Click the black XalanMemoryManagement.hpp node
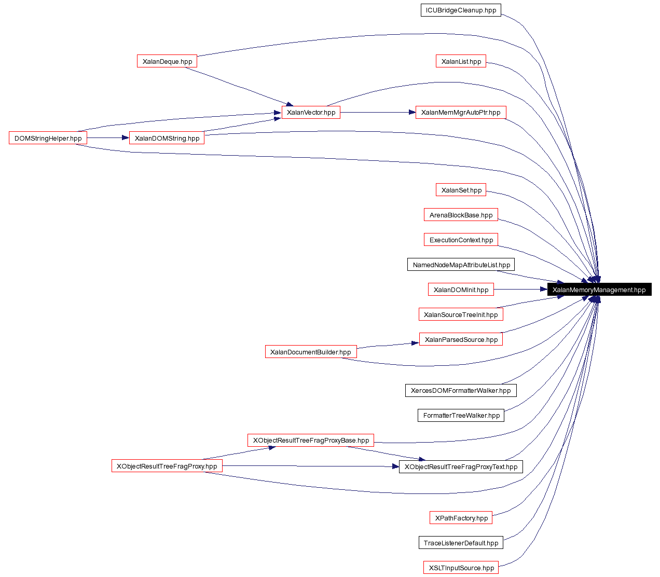click(599, 290)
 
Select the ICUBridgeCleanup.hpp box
click(461, 10)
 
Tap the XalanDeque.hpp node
click(167, 61)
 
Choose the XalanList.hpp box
click(461, 61)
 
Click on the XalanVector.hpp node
click(311, 112)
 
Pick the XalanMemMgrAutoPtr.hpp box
click(461, 112)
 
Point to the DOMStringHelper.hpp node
click(48, 138)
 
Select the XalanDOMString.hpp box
click(167, 138)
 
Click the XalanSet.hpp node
click(461, 190)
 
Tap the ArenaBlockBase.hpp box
click(461, 215)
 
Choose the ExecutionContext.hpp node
click(461, 240)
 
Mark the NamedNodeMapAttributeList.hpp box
click(461, 265)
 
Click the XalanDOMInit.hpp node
click(461, 290)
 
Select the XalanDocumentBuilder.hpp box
click(311, 352)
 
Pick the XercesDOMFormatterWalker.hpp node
click(461, 390)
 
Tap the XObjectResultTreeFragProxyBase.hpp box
click(311, 440)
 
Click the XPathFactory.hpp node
click(461, 518)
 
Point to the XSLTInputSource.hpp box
click(461, 568)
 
